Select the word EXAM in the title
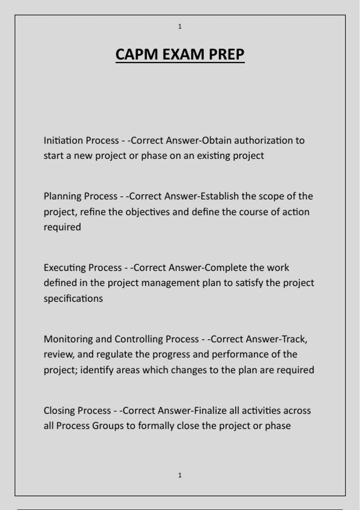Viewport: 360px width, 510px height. coord(183,55)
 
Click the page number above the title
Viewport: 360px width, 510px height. coord(180,27)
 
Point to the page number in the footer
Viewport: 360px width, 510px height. coord(180,475)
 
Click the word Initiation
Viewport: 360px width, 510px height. coord(63,140)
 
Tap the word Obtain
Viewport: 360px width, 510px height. coord(217,140)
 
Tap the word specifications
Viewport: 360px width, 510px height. coord(73,298)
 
